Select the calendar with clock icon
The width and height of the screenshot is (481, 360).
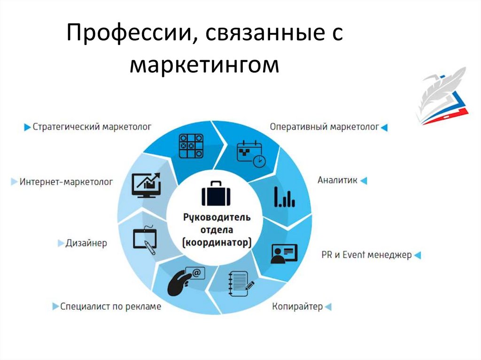pos(250,153)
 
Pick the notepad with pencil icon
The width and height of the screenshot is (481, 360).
pos(239,284)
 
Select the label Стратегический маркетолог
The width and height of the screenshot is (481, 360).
pos(92,127)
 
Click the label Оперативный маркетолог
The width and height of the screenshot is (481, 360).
pos(325,127)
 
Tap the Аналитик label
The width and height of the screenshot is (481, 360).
pos(337,180)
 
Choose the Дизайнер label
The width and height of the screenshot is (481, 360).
pos(86,243)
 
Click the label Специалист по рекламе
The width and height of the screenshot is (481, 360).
pos(110,306)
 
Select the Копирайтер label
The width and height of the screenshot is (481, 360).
pos(297,307)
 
